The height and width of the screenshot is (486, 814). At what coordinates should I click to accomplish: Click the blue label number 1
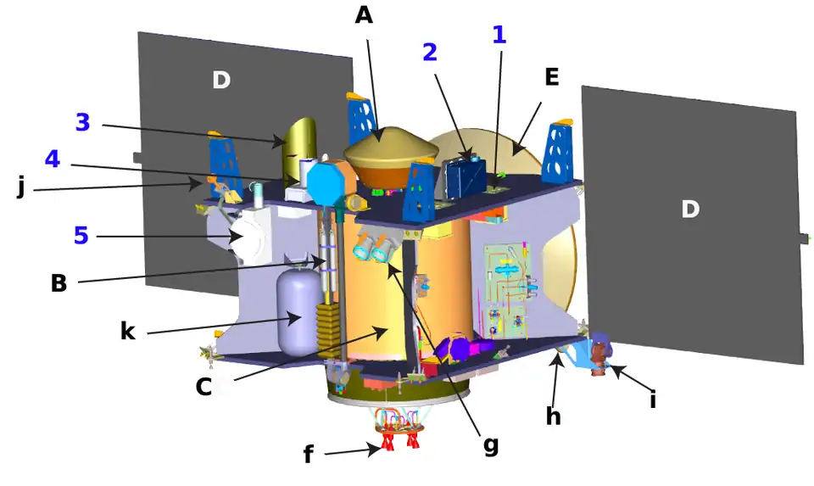(499, 35)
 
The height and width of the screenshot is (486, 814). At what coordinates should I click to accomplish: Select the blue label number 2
(430, 52)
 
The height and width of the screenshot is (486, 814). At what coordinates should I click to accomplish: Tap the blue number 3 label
(82, 123)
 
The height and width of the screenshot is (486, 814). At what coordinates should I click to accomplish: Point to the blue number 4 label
(53, 159)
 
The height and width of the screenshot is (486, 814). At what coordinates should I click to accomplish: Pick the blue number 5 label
(81, 235)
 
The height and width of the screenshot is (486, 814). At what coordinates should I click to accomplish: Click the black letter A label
(364, 15)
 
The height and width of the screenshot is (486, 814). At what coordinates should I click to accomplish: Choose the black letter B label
(59, 283)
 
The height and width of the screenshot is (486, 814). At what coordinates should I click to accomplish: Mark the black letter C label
(203, 388)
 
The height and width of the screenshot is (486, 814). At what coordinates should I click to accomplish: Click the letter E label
(551, 77)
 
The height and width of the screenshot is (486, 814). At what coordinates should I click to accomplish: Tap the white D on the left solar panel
(220, 81)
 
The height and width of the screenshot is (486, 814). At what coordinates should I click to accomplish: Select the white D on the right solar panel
(690, 209)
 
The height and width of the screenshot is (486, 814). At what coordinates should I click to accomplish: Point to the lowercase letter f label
(309, 455)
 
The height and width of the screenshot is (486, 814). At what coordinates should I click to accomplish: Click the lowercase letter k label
(127, 331)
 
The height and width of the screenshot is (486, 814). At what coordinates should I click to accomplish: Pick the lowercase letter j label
(20, 188)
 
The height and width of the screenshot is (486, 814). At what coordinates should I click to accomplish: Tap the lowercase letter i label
(652, 399)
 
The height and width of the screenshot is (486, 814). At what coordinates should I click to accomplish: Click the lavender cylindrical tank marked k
(295, 310)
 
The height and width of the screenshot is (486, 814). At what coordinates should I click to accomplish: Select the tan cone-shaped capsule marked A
(390, 152)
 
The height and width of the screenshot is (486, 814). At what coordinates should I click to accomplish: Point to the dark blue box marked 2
(466, 176)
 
